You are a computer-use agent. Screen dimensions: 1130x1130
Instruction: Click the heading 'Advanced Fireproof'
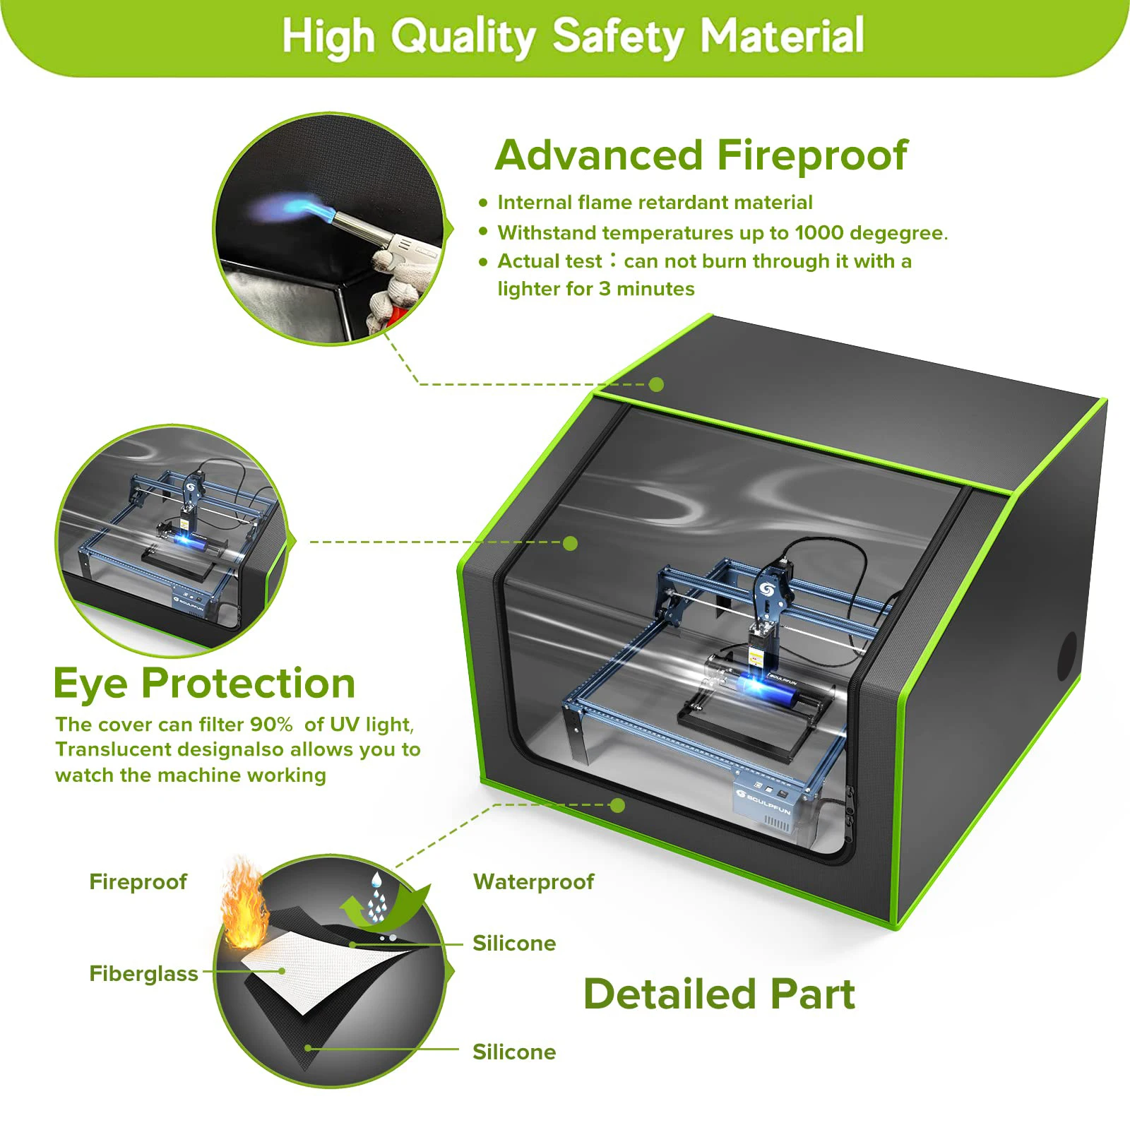click(701, 156)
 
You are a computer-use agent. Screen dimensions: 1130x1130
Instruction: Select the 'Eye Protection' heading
click(204, 684)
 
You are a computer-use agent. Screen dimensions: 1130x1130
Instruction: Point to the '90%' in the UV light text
click(271, 725)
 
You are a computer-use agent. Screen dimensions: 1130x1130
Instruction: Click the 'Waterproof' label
click(533, 882)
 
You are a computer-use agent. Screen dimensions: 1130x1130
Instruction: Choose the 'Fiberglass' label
click(143, 974)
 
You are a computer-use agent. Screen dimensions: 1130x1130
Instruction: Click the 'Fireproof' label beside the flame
click(138, 882)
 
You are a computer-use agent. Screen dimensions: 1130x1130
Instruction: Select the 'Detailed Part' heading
click(719, 994)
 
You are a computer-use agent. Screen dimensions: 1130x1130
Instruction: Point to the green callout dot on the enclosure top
click(656, 384)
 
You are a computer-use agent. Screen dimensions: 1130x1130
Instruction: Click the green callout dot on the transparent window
click(570, 543)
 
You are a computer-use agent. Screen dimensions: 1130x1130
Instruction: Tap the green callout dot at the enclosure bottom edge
click(617, 805)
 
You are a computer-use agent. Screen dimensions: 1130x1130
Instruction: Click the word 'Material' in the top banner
click(782, 36)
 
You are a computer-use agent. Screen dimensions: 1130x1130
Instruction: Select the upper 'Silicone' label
click(514, 944)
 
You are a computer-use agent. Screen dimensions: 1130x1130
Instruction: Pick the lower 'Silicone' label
click(514, 1052)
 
